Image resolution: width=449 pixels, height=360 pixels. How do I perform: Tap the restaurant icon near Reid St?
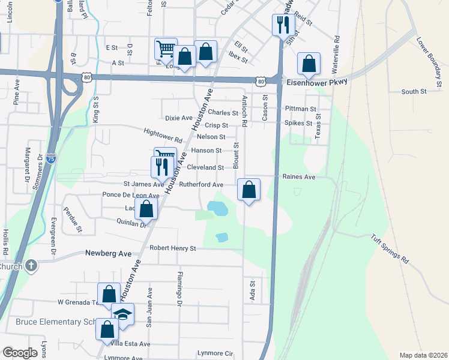pos(282,25)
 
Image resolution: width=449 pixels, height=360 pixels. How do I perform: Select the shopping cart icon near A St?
pos(166,49)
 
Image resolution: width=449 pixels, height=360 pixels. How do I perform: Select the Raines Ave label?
pos(299,178)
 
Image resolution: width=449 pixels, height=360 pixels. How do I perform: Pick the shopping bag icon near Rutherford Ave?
pos(249,190)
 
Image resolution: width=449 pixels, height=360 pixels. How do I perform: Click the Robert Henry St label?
pos(173,248)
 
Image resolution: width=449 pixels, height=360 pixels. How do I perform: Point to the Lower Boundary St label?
pos(429,57)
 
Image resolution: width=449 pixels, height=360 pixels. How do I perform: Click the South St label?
pos(414,92)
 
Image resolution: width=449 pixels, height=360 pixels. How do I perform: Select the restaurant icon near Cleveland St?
pos(161,166)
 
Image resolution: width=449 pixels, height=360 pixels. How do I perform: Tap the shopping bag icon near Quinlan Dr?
pos(146,209)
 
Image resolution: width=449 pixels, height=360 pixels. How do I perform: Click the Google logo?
pos(20,353)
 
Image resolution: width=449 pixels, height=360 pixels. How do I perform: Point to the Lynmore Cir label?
pos(215,354)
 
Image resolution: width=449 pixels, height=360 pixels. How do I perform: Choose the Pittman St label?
pos(301,109)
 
